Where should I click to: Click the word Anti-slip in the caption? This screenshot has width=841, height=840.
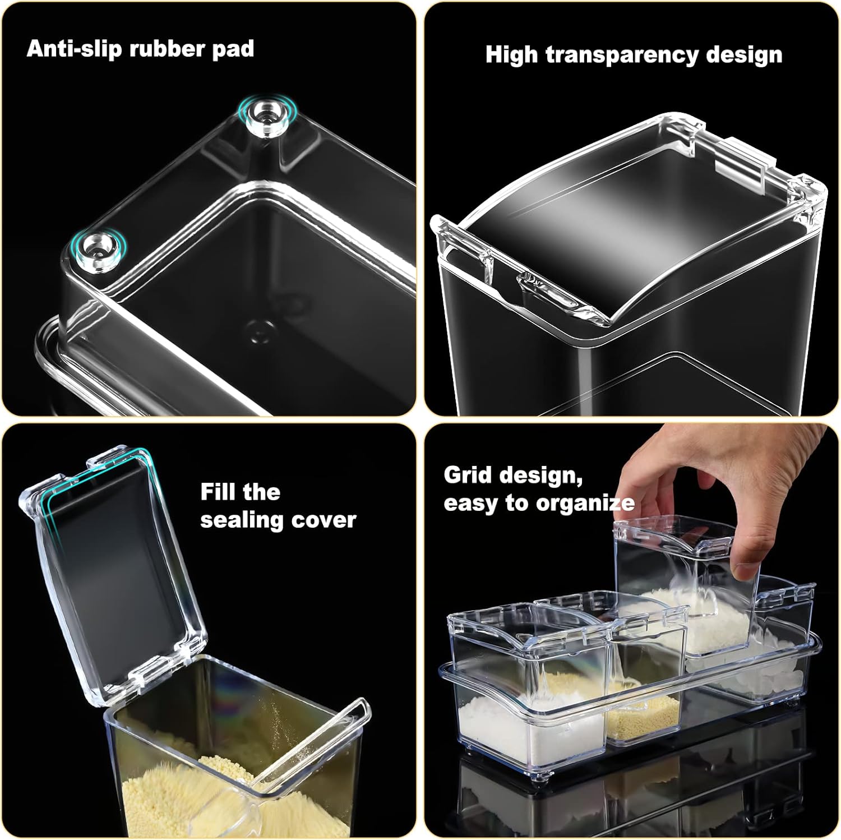pyautogui.click(x=74, y=49)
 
